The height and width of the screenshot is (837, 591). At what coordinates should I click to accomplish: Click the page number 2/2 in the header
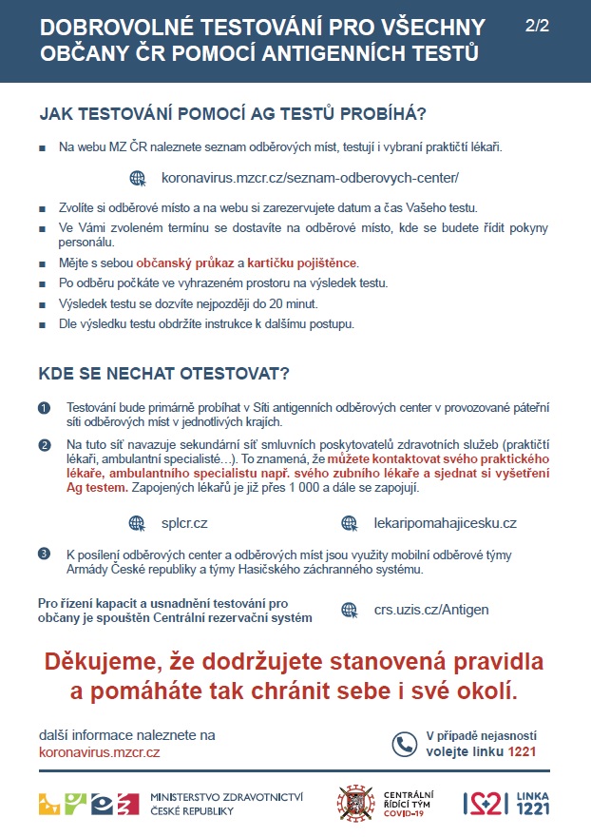coord(537,27)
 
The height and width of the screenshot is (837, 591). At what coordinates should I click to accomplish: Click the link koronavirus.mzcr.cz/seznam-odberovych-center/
coord(297,178)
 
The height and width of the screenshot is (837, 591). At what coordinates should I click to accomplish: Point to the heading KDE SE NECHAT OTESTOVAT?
coord(164,372)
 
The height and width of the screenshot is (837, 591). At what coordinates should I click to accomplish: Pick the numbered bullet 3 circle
coord(44,554)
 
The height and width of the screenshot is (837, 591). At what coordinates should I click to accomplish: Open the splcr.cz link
coord(184,522)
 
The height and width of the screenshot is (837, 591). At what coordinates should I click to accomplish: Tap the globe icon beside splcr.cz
coord(138,522)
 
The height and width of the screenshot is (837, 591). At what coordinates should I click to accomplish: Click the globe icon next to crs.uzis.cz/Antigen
coord(350,610)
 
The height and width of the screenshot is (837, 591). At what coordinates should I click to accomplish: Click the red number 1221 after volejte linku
coord(523,751)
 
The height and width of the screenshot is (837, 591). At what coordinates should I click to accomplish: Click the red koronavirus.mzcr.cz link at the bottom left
coord(100,752)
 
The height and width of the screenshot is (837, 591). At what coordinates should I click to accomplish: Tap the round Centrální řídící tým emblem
coord(355,803)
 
